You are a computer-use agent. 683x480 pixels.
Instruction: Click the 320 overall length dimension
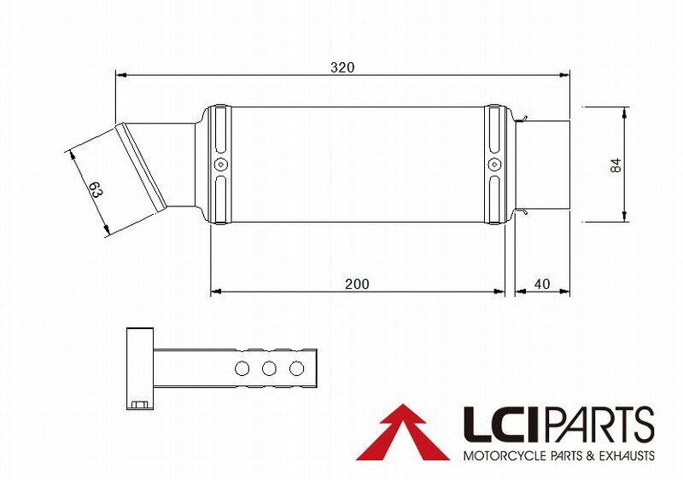tap(343, 67)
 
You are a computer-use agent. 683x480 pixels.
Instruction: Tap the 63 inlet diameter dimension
tap(95, 190)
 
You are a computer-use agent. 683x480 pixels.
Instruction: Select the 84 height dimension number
tap(616, 165)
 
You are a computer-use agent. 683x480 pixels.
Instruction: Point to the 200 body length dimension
tap(358, 283)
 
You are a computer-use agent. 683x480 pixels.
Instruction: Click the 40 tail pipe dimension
tap(541, 283)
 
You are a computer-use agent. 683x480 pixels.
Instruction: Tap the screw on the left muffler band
tap(220, 165)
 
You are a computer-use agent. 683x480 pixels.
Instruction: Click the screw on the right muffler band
tap(493, 165)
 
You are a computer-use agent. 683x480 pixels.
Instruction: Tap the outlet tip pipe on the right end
tap(546, 165)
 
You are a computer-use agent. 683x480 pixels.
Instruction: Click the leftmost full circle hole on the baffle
tap(242, 368)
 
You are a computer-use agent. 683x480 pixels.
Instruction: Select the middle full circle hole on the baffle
tap(269, 368)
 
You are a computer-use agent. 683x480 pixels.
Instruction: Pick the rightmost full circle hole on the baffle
tap(296, 368)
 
